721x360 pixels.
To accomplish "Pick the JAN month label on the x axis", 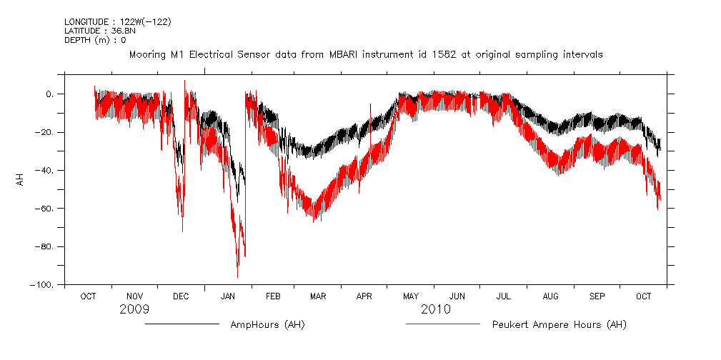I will click(x=228, y=296).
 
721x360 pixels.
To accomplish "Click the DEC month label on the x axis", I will click(x=181, y=296).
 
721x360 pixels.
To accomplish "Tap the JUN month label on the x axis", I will click(x=457, y=296).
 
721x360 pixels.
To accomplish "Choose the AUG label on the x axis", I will click(x=550, y=296).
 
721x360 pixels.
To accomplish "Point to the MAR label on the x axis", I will click(x=318, y=296).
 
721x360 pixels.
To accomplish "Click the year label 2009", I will click(x=134, y=309).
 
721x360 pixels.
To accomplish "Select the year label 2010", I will click(x=436, y=309).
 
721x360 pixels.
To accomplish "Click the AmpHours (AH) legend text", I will click(x=267, y=325).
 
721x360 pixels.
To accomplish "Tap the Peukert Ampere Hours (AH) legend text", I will click(x=559, y=325).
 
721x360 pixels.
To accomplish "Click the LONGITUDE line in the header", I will click(x=117, y=22).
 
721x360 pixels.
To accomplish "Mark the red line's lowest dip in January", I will click(x=237, y=276).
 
